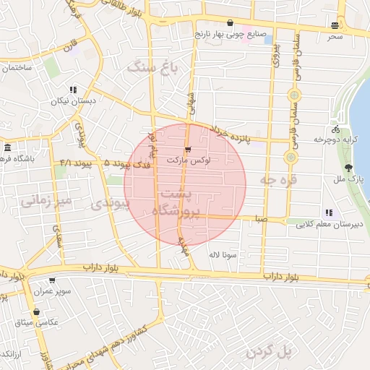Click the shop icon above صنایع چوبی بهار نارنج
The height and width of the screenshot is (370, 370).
coord(230,23)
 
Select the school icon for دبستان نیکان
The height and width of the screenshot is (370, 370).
coord(73,90)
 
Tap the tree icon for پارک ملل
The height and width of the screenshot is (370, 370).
coord(349,167)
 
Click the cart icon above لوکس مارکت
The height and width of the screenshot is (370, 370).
coord(188,150)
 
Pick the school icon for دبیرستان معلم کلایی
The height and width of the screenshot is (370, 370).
coord(329,212)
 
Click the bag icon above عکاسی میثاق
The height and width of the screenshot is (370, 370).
coord(36,311)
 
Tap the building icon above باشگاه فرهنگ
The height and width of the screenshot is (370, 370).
coord(6,147)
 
